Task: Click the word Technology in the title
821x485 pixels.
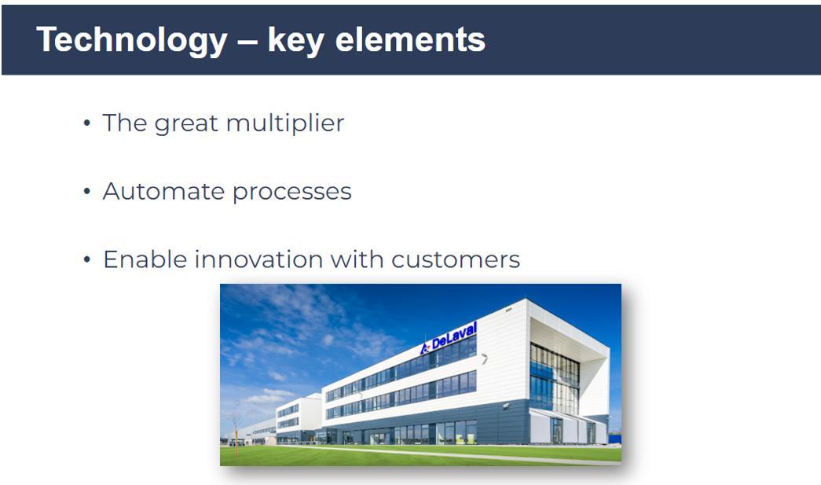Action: pos(132,40)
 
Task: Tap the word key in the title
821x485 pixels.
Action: pos(296,40)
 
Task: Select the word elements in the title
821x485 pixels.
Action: pos(410,39)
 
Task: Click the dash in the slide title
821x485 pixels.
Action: pos(247,42)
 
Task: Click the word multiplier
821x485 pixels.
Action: pos(285,123)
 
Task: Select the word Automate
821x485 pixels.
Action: pos(164,191)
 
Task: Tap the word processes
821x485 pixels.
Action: pos(292,193)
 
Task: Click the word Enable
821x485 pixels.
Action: pos(145,259)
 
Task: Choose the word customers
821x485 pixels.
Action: pos(456,260)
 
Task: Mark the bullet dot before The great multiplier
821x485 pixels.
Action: pos(87,123)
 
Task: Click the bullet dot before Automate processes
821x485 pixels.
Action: pos(87,192)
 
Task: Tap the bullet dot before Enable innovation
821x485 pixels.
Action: pos(87,259)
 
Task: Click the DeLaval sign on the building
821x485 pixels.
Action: pos(449,338)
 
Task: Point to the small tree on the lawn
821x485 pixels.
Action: pos(236,429)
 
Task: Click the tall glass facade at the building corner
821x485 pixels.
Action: pos(555,378)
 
